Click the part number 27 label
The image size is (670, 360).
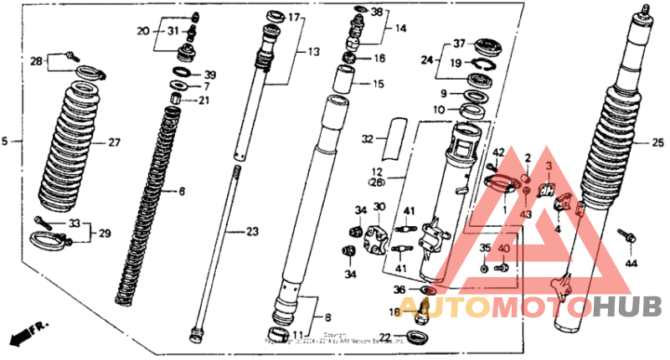(114, 142)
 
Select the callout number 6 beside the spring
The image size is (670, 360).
(181, 192)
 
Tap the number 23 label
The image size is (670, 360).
(253, 231)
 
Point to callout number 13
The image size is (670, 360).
(313, 52)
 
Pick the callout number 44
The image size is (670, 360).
(631, 264)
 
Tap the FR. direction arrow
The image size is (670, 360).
(24, 333)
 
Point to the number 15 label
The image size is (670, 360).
(379, 84)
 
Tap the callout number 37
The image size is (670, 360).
(459, 44)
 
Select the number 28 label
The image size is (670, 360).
(36, 60)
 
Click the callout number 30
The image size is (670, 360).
(379, 207)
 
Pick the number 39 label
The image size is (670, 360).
(209, 74)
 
